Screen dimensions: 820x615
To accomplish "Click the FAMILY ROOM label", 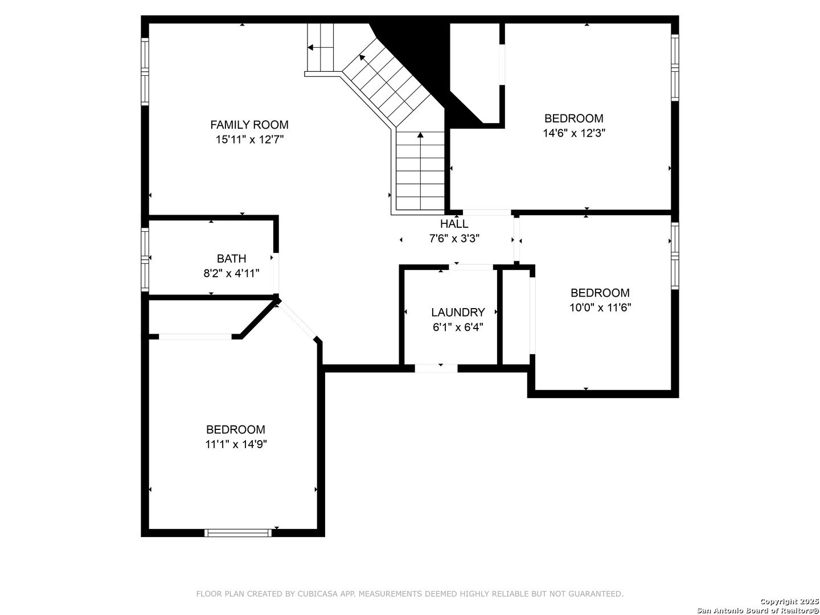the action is [x=249, y=125].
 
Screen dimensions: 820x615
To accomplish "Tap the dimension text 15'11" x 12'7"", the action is [x=249, y=140].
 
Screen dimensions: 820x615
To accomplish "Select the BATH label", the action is [x=231, y=259].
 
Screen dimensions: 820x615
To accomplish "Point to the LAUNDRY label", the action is [x=458, y=312].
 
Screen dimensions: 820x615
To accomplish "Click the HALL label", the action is [x=454, y=224].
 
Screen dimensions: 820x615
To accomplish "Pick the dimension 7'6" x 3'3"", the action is [x=454, y=238].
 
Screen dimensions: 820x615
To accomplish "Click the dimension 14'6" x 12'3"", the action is [x=574, y=133].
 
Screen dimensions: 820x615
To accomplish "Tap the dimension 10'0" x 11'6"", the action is [x=600, y=307].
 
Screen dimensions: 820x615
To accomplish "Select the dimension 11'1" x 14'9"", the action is [x=236, y=444].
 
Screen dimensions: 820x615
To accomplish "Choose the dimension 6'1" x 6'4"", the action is [x=458, y=327].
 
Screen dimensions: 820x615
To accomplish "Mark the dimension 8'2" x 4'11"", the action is [x=231, y=273].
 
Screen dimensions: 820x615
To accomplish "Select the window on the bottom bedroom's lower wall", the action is [x=238, y=532].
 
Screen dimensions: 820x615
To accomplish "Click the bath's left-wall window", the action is [x=145, y=260].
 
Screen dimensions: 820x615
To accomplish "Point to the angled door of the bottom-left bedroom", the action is [x=297, y=321].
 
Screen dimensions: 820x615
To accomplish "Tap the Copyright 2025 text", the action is [x=789, y=601].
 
